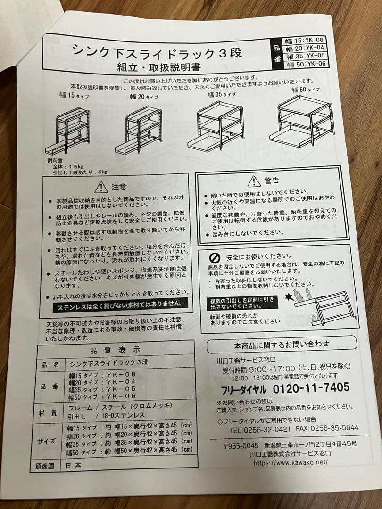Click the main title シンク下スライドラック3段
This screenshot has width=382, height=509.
157,51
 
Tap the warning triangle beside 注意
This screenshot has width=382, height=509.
101,188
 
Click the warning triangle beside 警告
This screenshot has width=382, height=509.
254,181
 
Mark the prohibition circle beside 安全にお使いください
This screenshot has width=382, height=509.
215,257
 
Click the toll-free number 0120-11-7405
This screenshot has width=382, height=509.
311,388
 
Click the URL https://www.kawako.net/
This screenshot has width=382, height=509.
291,462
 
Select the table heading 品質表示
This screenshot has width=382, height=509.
116,350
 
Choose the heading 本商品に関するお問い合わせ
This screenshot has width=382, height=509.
282,344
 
